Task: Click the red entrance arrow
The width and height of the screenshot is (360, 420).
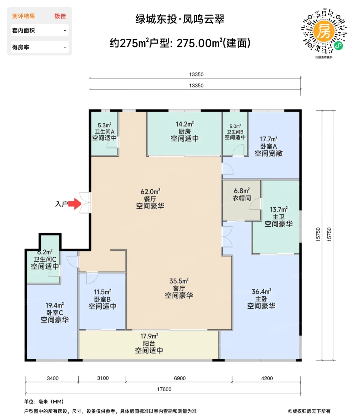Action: coord(75,204)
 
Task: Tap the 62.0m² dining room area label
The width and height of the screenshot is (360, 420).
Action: coord(150,191)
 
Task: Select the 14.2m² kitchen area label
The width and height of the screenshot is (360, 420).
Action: coord(185,124)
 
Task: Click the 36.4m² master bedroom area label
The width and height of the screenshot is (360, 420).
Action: coord(262,292)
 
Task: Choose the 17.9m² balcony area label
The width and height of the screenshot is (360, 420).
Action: coord(149,336)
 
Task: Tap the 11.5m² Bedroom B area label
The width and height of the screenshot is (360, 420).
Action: coord(102,292)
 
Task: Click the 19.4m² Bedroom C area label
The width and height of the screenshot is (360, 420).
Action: coord(55,305)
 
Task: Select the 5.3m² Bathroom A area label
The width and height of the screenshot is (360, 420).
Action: coord(104,125)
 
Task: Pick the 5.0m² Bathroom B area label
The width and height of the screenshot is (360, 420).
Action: coord(235,126)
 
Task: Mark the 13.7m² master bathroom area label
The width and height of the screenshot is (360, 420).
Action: coord(279,209)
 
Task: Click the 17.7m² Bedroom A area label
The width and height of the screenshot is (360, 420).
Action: coord(269,139)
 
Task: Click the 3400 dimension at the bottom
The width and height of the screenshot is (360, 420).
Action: coord(52,378)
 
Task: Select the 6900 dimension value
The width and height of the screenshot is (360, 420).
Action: coord(180,378)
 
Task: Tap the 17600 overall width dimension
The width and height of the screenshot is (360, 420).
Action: coord(164,389)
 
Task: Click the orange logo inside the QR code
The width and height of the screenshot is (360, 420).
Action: coord(324,31)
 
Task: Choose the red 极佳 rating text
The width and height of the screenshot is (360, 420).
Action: coord(60,16)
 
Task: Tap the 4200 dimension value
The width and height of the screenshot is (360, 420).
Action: coord(267,378)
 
